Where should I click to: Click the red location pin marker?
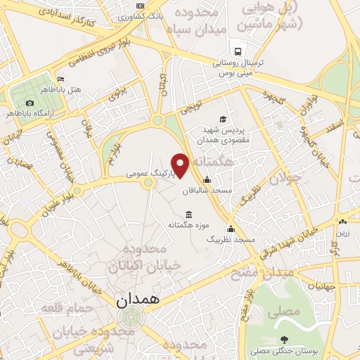point(181,165)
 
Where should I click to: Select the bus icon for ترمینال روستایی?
point(238,51)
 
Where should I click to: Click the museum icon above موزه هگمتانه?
point(188,214)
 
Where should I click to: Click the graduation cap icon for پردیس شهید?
point(223,119)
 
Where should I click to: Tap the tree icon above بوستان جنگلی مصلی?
point(283,339)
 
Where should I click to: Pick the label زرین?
point(342,232)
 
